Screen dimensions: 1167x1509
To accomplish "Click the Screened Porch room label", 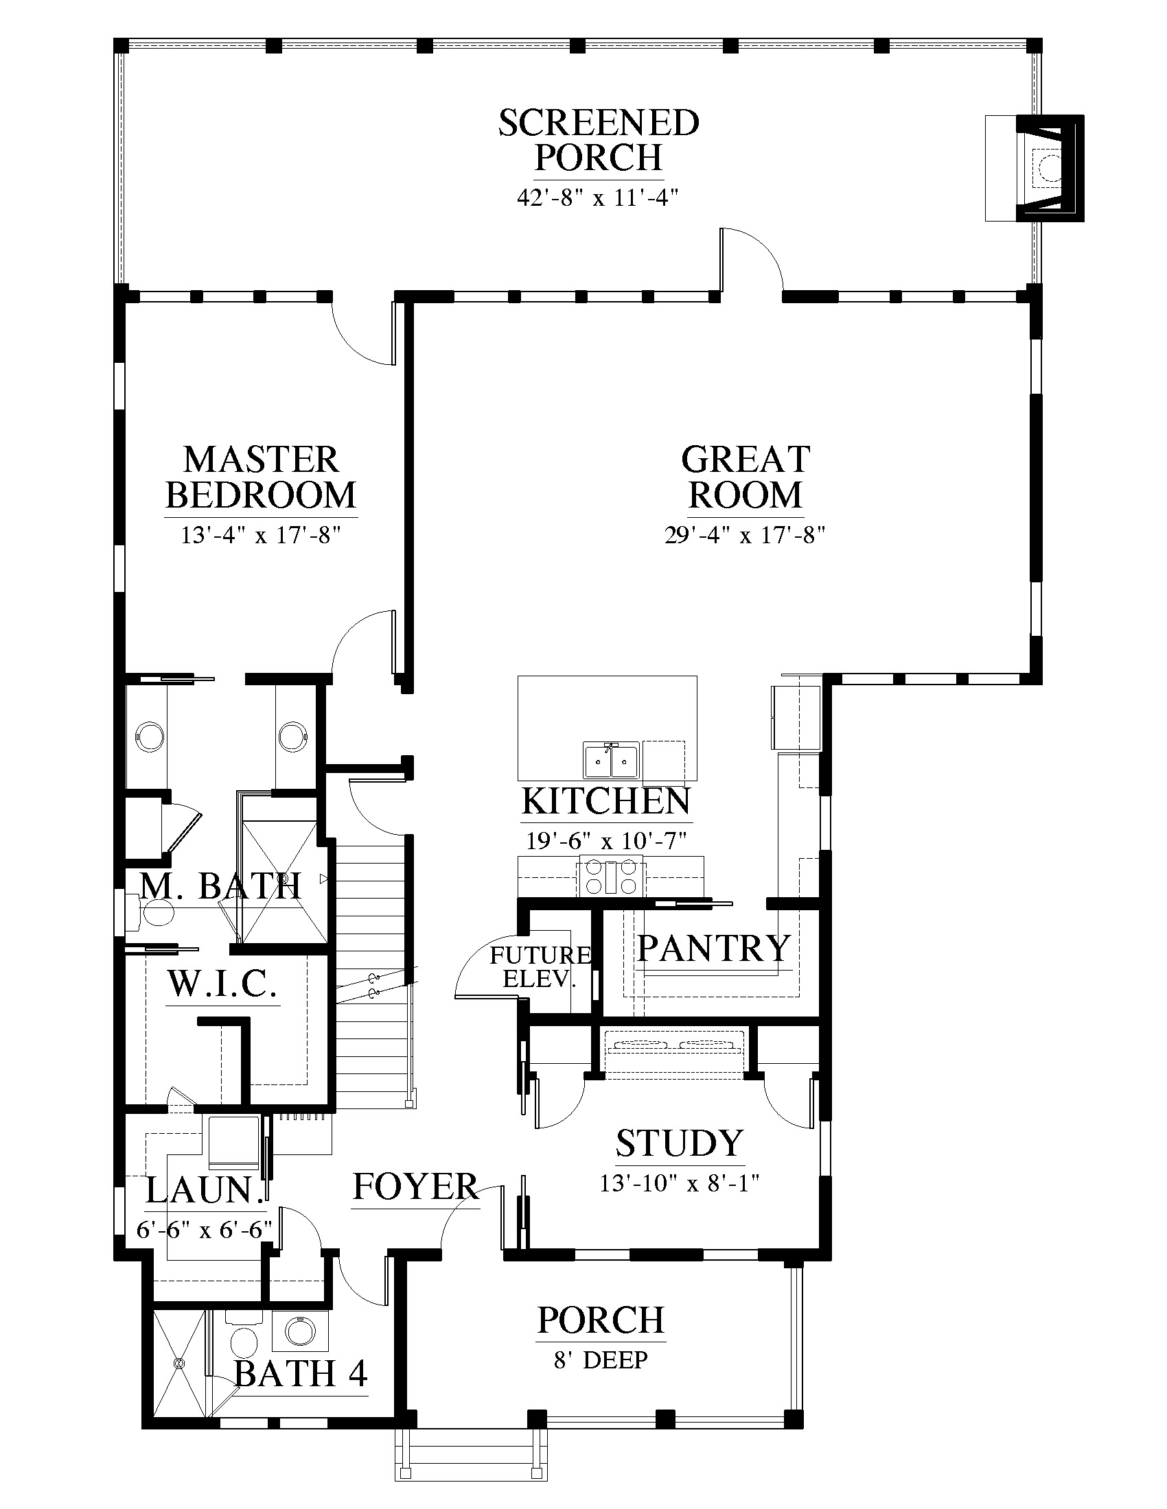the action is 599,140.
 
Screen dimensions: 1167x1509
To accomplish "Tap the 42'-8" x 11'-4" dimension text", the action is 597,198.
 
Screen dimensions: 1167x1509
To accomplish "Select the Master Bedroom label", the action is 262,477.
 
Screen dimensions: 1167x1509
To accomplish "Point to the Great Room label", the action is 746,477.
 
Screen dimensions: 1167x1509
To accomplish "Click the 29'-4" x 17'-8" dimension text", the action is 746,535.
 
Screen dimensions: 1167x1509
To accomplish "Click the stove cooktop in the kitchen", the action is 610,875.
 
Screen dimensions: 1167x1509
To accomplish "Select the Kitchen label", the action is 605,801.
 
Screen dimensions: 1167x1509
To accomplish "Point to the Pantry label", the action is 713,948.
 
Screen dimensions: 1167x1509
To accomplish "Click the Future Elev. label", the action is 541,966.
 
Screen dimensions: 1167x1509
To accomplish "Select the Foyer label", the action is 415,1187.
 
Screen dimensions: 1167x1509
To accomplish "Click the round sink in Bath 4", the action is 299,1330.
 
